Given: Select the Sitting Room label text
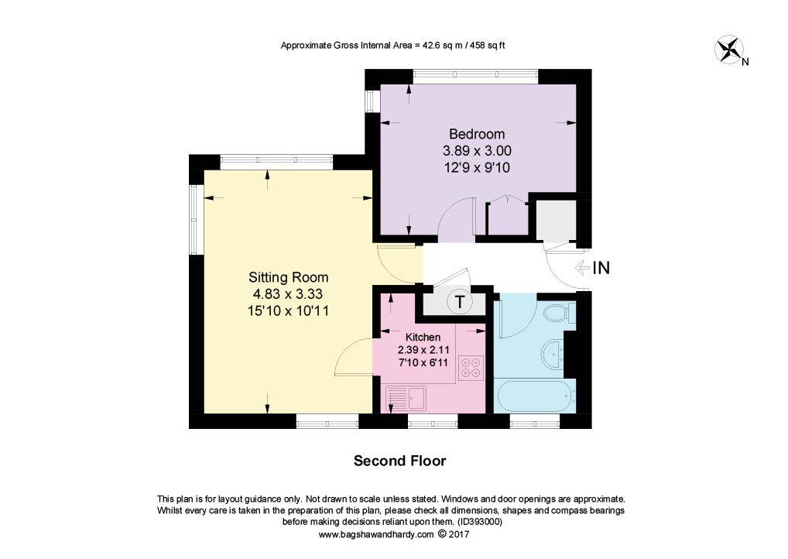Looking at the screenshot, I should click(x=288, y=277).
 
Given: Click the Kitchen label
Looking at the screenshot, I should click(x=423, y=337).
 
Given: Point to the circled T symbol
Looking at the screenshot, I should click(x=460, y=302).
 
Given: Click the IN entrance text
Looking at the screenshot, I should click(x=601, y=269).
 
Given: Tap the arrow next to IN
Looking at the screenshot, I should click(x=581, y=269).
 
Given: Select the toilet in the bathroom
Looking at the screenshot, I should click(x=557, y=314).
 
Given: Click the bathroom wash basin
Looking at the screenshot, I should click(x=555, y=354).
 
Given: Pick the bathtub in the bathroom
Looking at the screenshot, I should click(x=535, y=396).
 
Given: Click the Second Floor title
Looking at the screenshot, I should click(x=399, y=461).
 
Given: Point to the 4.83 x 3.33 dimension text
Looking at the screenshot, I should click(x=288, y=294).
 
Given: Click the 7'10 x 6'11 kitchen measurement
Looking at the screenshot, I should click(x=423, y=362).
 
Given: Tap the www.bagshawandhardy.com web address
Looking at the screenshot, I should click(x=376, y=534).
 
